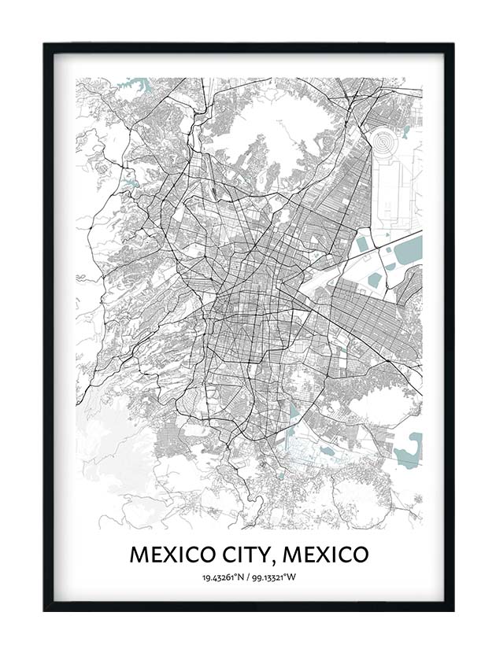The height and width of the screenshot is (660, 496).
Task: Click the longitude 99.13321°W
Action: (x=276, y=578)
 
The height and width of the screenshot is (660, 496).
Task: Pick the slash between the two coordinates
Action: (x=247, y=578)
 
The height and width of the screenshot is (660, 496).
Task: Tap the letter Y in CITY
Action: (x=264, y=555)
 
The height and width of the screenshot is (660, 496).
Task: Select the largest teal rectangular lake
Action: (x=407, y=253)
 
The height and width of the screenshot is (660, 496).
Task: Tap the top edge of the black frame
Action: (x=248, y=46)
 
